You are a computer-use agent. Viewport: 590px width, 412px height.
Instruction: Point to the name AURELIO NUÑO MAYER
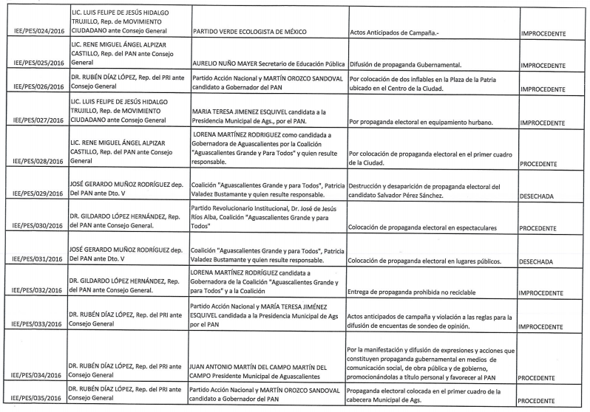coord(228,65)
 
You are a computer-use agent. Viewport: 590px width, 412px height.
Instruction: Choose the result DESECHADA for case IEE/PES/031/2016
coord(542,261)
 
